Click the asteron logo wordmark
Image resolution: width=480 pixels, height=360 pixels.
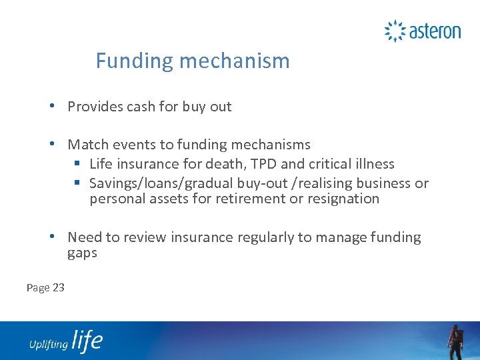pos(435,31)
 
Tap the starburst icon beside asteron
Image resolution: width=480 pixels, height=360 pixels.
pos(395,31)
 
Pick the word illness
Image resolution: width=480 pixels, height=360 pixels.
pos(371,164)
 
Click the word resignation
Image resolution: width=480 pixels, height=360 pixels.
pos(343,199)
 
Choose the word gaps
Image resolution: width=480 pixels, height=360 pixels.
pos(82,253)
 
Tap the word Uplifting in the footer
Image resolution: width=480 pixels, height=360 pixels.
pos(48,344)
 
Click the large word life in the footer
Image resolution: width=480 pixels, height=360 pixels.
pos(87,341)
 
